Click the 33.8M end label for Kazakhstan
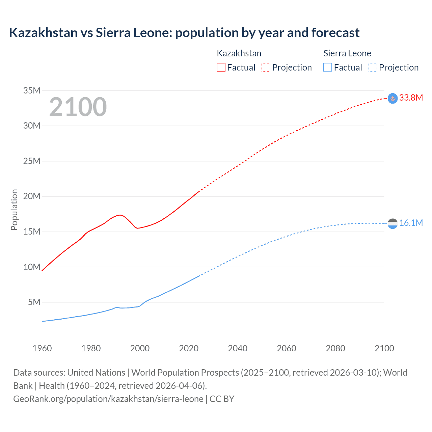[x=411, y=98]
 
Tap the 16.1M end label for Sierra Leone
[x=411, y=223]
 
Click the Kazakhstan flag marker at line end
[x=393, y=98]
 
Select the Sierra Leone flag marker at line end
[x=393, y=223]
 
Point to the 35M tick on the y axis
[x=32, y=90]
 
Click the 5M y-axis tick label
[x=34, y=302]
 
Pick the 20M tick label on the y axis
[x=32, y=196]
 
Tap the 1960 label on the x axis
[x=42, y=348]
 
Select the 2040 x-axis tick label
[x=238, y=348]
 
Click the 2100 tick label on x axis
[x=384, y=348]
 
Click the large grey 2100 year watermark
[x=78, y=107]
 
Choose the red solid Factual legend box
[x=221, y=67]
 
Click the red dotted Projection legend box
[x=266, y=67]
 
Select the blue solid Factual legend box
[x=327, y=67]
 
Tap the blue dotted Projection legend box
[x=373, y=67]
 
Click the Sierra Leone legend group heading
[x=347, y=53]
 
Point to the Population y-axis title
[x=14, y=210]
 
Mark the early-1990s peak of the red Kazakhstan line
[x=120, y=215]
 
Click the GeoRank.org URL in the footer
[x=108, y=399]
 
